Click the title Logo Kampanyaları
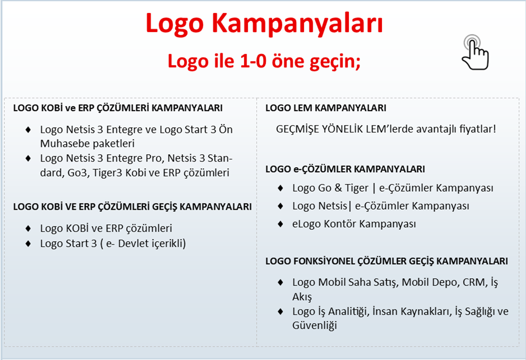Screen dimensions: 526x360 [x=264, y=24]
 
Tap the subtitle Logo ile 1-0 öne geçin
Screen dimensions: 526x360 [x=264, y=61]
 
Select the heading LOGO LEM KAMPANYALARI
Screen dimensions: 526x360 [x=326, y=108]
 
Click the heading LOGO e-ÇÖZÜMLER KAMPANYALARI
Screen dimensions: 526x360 [x=345, y=169]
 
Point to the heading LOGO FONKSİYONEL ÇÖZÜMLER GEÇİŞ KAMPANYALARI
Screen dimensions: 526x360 [x=387, y=261]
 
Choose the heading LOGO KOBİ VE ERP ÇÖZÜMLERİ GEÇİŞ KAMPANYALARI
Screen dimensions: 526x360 [x=132, y=207]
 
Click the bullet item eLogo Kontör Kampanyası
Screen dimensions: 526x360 [x=354, y=224]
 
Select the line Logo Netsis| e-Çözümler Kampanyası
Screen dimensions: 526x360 [x=381, y=206]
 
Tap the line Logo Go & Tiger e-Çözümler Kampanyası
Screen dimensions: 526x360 [x=393, y=188]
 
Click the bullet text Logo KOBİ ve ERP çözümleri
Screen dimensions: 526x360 [x=106, y=228]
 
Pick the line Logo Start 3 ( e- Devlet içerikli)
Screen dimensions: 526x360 [x=113, y=243]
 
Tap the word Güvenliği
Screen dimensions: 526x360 [x=315, y=325]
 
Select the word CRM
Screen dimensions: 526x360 [x=475, y=283]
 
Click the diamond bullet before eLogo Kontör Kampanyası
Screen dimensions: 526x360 [x=280, y=224]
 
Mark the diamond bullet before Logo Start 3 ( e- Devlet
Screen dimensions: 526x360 [x=28, y=243]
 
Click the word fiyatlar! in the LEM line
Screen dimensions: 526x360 [x=477, y=129]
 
